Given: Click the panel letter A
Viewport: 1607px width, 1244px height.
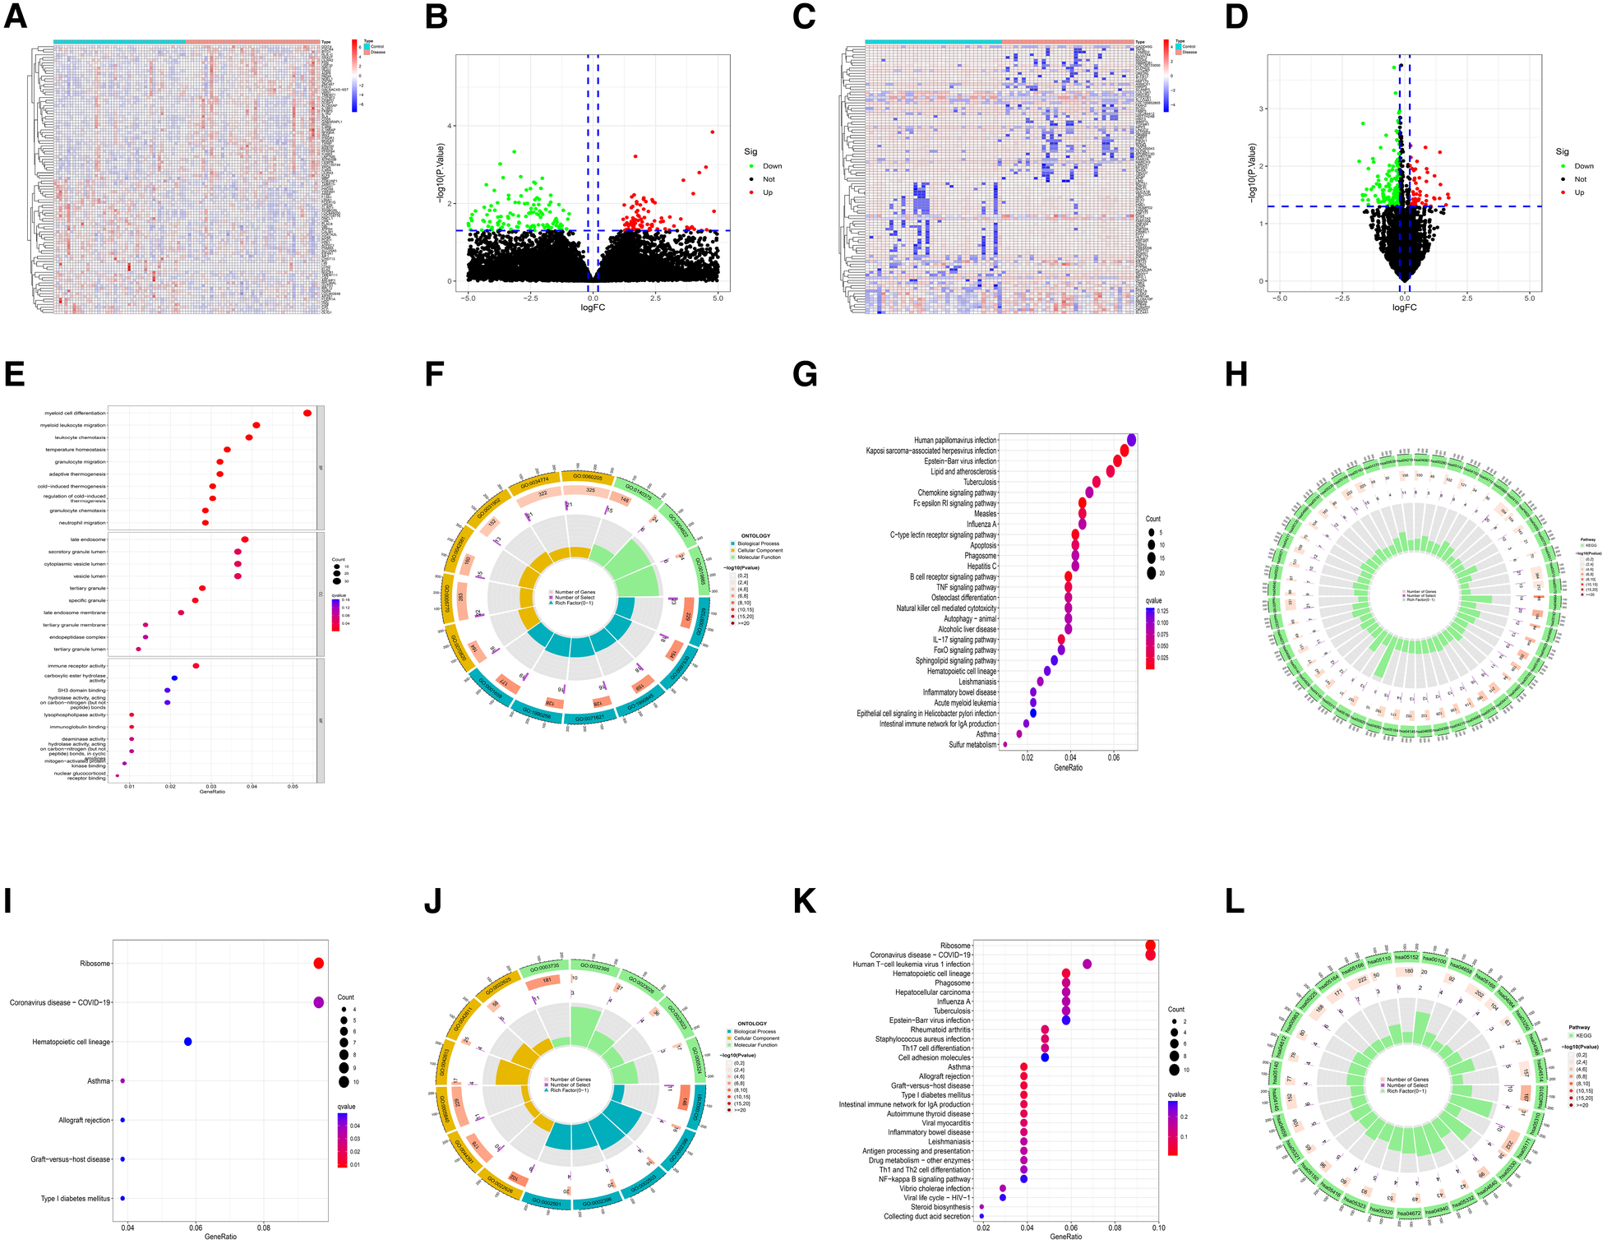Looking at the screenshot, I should [16, 16].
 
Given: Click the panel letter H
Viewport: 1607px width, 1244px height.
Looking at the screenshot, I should [1235, 374].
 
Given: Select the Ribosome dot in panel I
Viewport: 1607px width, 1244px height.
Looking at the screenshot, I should [319, 964].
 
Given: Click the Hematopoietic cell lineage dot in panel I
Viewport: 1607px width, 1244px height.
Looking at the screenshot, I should [188, 1042].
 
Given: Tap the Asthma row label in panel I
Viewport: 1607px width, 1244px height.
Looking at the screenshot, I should [99, 1081].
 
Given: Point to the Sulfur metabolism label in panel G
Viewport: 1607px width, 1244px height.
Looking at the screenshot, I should [972, 745].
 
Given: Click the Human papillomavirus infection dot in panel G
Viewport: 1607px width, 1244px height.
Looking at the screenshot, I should [1132, 440].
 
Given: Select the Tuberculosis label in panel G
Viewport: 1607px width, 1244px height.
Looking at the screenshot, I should [980, 483].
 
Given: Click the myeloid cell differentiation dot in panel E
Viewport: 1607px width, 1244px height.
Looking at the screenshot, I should [307, 413].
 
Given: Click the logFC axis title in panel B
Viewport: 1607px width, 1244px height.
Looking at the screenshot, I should [593, 308].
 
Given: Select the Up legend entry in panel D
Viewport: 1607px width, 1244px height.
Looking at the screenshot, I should [1578, 192].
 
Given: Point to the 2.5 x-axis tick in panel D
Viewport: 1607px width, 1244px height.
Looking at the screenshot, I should [1466, 298].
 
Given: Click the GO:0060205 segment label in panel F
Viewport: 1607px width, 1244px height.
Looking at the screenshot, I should [588, 477].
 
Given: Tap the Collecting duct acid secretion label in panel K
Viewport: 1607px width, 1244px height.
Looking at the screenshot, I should [927, 1216].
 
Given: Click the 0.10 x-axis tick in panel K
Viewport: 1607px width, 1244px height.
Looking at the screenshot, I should [1157, 1228].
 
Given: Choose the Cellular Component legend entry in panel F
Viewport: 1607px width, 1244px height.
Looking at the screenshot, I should [760, 551].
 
